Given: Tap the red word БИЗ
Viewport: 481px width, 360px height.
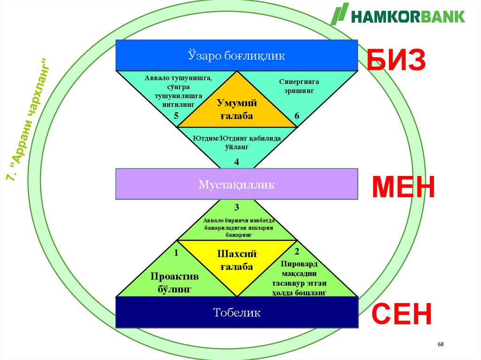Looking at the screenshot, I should point(396,61).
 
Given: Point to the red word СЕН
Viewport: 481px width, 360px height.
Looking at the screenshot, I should point(402,314).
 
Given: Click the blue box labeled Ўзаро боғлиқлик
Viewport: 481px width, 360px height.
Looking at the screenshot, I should point(237,55).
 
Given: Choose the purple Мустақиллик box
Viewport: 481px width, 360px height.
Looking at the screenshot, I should point(237,184).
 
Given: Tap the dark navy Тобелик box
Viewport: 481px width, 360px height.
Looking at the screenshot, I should point(237,312).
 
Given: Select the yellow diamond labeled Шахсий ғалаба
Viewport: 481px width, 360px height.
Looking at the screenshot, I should point(237,261).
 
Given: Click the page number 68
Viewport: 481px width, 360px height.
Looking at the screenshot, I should point(440,345).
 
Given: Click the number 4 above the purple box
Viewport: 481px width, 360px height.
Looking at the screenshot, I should point(237,162).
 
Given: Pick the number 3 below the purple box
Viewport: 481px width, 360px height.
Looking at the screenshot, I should point(237,207).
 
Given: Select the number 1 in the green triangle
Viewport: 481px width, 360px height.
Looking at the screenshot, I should point(176,253).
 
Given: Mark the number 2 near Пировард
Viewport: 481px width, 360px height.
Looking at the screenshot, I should point(296,253).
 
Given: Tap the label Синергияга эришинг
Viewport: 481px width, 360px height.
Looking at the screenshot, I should point(296,86).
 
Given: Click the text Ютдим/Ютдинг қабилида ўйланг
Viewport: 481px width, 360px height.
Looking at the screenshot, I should point(237,143).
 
